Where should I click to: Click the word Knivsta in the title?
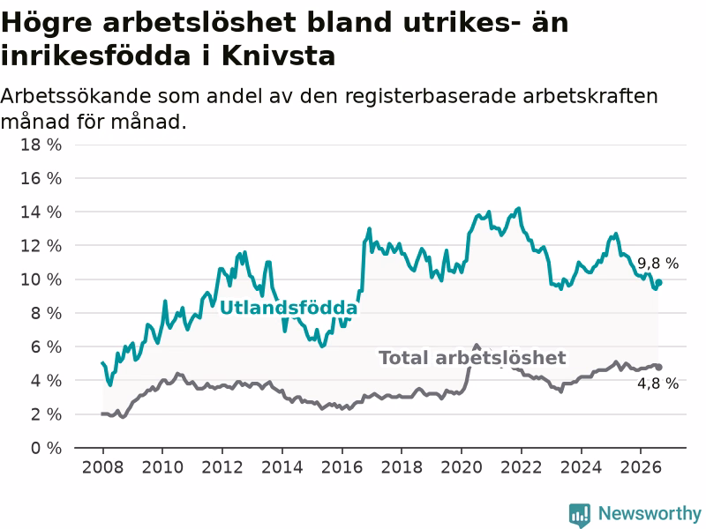coord(278,56)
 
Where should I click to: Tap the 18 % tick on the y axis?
coord(41,145)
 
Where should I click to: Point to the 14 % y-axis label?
coord(41,212)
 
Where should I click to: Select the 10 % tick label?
coord(41,279)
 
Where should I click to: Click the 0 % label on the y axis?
coord(46,448)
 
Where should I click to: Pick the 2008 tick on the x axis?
coord(102,467)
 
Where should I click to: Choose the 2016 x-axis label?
coord(342,467)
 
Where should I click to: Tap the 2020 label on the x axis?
coord(462,467)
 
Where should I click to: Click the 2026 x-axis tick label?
coord(641,467)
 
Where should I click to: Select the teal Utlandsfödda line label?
coord(289,308)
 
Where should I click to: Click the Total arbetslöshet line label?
coord(472,358)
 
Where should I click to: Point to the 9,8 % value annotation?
coord(657,263)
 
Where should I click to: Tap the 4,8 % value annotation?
coord(657,384)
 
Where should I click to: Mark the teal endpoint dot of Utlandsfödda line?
coord(658,282)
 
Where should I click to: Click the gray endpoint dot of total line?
coord(658,367)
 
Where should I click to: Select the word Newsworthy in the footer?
coord(650,513)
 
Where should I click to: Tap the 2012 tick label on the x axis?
coord(222,467)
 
